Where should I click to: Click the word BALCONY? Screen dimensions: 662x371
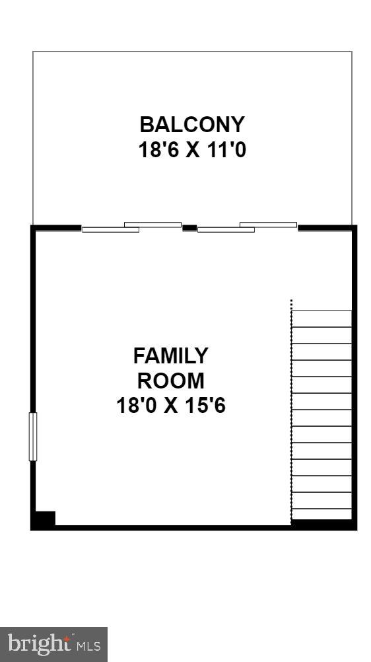192,124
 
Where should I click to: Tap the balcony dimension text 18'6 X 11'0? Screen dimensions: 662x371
192,150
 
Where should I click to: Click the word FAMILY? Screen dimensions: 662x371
170,356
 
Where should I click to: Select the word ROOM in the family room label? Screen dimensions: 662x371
170,381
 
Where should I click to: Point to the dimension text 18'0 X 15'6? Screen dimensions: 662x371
171,405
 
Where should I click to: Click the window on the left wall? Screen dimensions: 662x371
33,436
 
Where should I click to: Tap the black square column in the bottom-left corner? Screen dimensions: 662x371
44,519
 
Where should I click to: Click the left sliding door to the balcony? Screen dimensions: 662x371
131,227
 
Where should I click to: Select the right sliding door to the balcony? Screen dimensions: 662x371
247,227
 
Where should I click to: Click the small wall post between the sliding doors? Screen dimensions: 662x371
189,227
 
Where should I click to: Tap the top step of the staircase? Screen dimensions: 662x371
322,318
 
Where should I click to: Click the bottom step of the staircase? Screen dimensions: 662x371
322,514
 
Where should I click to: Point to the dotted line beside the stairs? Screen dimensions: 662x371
292,410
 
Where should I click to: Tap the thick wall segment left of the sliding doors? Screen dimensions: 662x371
57,227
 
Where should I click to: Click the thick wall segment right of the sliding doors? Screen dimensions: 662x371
326,227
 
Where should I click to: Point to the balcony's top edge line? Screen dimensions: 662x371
192,52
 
